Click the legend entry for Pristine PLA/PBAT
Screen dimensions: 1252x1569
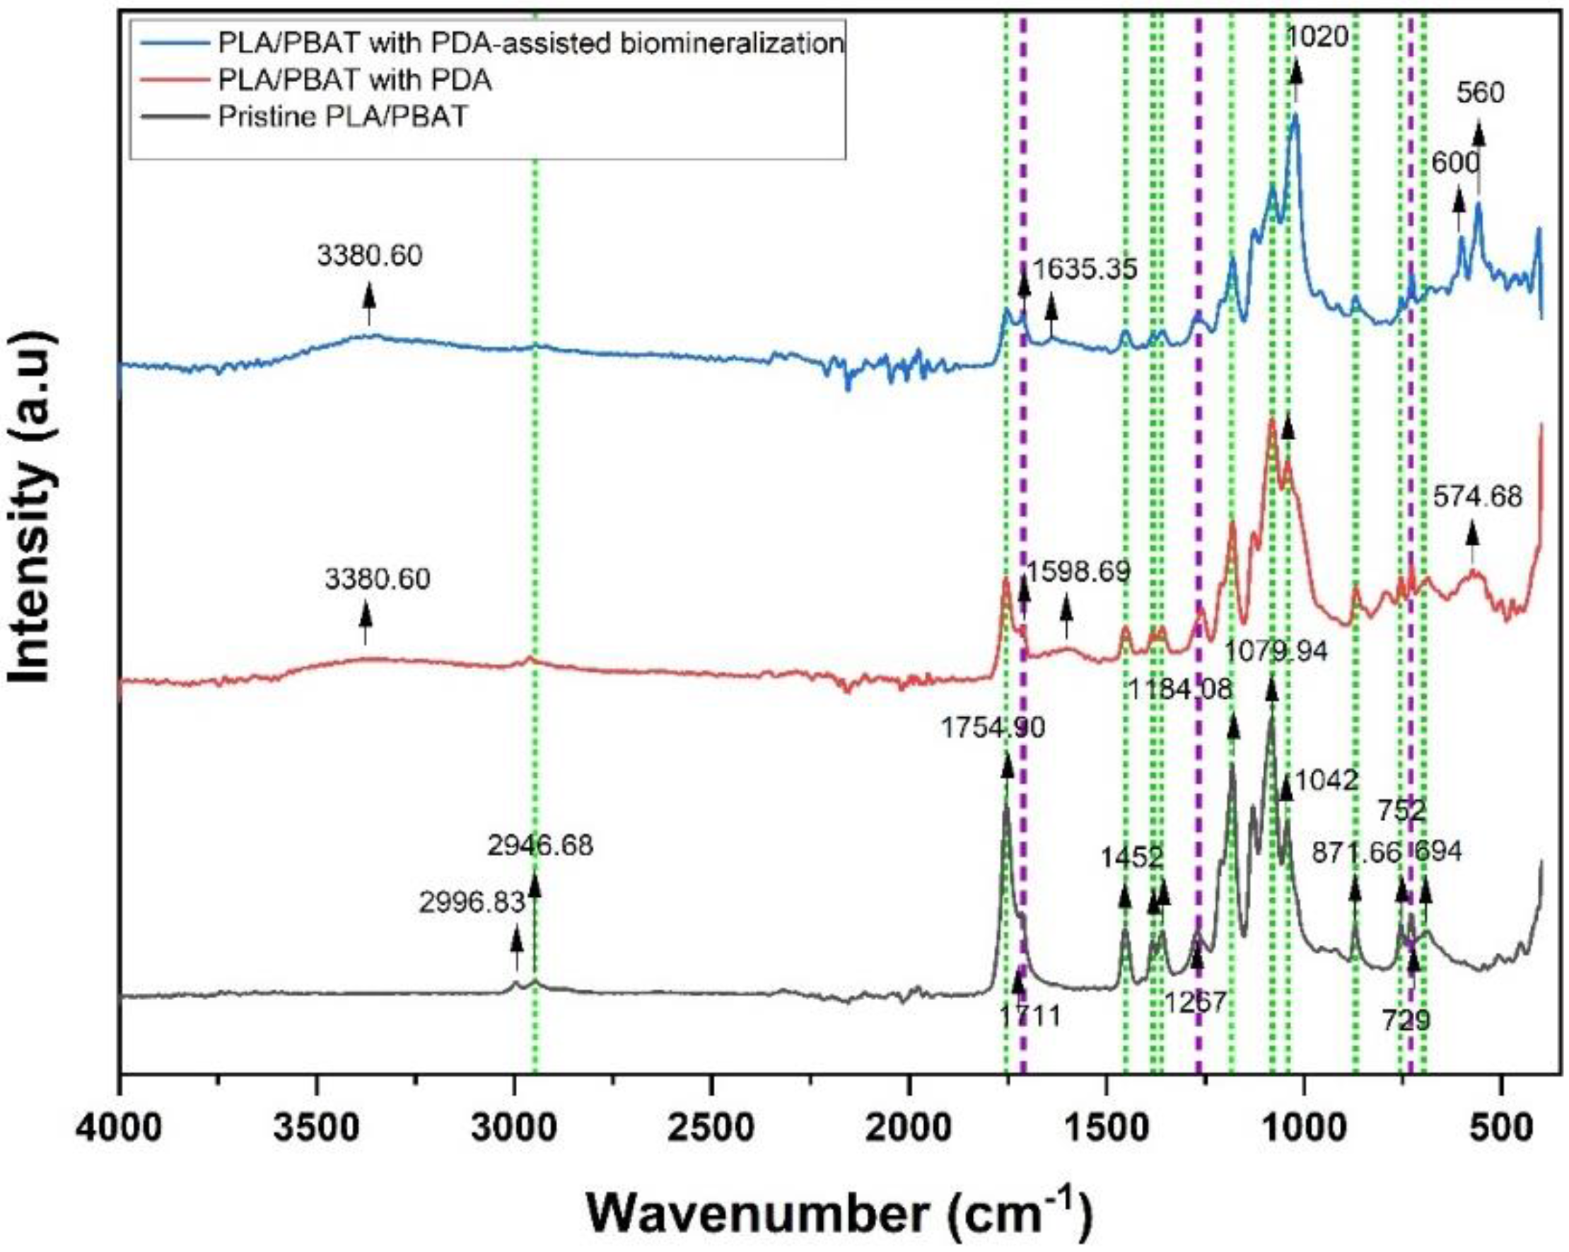pyautogui.click(x=342, y=117)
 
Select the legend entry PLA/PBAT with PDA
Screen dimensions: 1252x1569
pyautogui.click(x=354, y=79)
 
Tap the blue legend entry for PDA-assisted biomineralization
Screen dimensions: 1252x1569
pyautogui.click(x=530, y=43)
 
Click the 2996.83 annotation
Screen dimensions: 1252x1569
pyautogui.click(x=472, y=903)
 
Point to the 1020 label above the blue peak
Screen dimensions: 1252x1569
pyautogui.click(x=1317, y=35)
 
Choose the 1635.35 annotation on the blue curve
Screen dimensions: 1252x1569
pyautogui.click(x=1085, y=269)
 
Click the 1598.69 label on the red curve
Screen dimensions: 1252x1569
pyautogui.click(x=1078, y=572)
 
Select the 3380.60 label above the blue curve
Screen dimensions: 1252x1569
pyautogui.click(x=369, y=255)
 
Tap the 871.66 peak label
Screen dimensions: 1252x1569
pyautogui.click(x=1356, y=854)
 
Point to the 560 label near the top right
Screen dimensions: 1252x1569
pyautogui.click(x=1480, y=93)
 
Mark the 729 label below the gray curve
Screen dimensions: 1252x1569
pyautogui.click(x=1406, y=1021)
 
